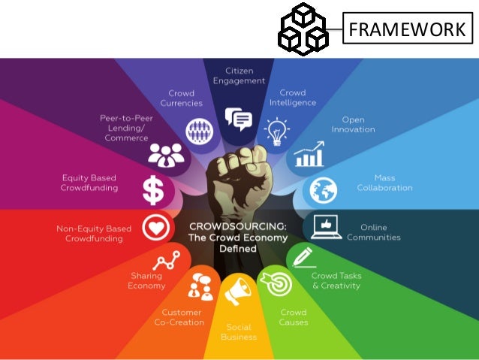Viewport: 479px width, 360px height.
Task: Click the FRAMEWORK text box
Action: click(x=406, y=30)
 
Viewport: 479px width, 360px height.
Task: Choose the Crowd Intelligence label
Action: click(x=292, y=98)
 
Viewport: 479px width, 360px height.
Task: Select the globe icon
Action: click(x=323, y=188)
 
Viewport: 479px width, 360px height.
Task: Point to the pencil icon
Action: click(x=303, y=257)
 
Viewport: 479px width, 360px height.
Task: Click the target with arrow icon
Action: click(x=271, y=283)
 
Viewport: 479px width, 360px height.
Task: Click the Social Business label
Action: click(x=239, y=331)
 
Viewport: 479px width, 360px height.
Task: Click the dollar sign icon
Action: click(x=153, y=190)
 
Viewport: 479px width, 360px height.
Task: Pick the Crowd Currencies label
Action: click(x=181, y=98)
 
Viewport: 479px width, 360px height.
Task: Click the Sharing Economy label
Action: click(x=146, y=280)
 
